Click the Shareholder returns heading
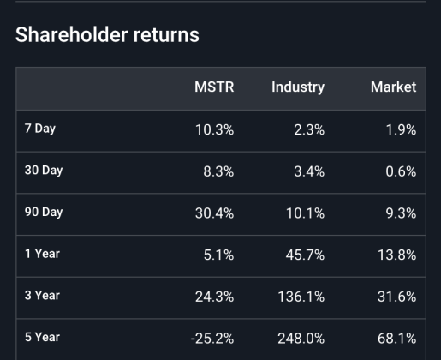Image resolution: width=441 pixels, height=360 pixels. coord(107,35)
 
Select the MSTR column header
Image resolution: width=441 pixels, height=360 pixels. coord(214,87)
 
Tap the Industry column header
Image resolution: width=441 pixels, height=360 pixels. coord(297,87)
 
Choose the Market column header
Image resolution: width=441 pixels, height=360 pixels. coord(393,87)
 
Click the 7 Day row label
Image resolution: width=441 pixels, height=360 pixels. coord(39,129)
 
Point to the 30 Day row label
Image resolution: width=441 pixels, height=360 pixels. coord(43,171)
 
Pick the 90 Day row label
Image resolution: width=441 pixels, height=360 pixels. coord(43,212)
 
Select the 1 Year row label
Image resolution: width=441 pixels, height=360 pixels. coord(41,254)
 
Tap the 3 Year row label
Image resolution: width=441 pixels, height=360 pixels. coord(41,295)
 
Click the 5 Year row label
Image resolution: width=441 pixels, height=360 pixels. coord(41,337)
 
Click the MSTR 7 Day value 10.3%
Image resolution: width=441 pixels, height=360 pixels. coord(214,130)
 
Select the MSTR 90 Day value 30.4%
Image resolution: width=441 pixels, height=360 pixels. coord(214,213)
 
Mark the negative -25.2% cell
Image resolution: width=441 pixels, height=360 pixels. coord(212,338)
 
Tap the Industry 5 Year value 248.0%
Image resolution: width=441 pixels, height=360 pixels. coord(301,338)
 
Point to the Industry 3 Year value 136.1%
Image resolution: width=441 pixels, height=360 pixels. coord(301,296)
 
